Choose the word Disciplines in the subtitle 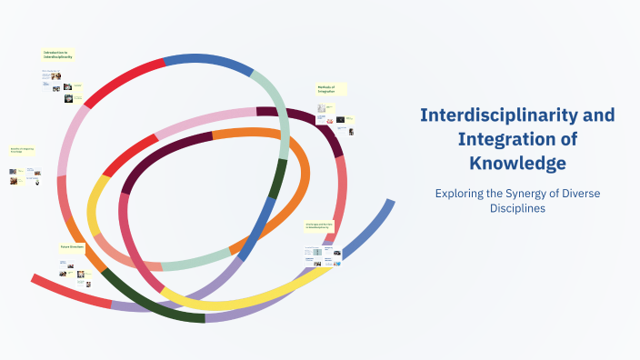[x=517, y=208]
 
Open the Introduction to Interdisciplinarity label [x=57, y=55]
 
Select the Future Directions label [x=73, y=246]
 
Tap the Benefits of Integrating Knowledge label [x=22, y=149]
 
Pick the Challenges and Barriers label [x=319, y=224]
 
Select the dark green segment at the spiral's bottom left [x=150, y=304]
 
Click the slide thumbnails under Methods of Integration [x=334, y=118]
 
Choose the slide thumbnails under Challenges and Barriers [x=322, y=254]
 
